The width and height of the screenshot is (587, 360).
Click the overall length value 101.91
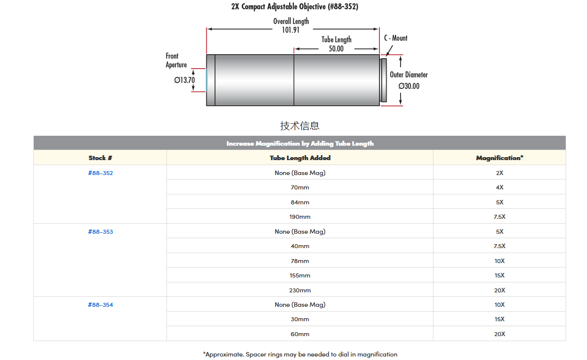point(291,30)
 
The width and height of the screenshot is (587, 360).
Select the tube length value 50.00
point(336,49)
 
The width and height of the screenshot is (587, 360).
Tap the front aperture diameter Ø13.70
point(184,80)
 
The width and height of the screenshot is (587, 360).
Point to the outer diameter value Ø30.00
point(409,86)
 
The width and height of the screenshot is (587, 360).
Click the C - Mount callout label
point(396,38)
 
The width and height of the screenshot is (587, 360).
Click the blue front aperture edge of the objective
point(206,80)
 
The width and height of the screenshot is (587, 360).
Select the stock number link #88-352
point(100,173)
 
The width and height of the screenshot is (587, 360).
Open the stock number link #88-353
point(100,232)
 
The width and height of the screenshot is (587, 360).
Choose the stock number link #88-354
point(100,305)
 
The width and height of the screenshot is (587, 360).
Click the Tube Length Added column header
point(300,158)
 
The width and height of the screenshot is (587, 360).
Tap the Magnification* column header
point(499,158)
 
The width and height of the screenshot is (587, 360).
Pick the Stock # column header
point(100,158)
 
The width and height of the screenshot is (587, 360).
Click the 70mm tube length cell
point(300,187)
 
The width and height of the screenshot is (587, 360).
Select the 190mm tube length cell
point(300,217)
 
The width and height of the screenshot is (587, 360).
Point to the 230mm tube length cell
point(300,290)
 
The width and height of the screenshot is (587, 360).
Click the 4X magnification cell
point(499,187)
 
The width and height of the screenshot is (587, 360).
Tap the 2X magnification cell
point(499,173)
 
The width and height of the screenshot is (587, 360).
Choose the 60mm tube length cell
point(300,334)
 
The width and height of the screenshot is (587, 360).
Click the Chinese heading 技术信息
point(300,126)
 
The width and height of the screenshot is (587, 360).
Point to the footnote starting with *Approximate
point(300,355)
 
